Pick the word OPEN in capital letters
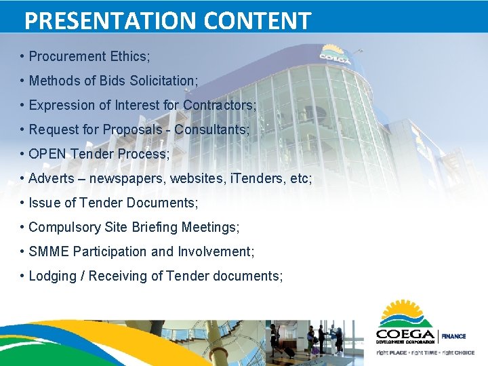(x=47, y=154)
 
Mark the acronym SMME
(x=49, y=251)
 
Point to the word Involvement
(x=216, y=251)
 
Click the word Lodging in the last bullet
(x=52, y=276)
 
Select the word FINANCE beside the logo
(x=454, y=336)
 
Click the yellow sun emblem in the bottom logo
(x=405, y=313)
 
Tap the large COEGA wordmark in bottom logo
(x=405, y=335)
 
